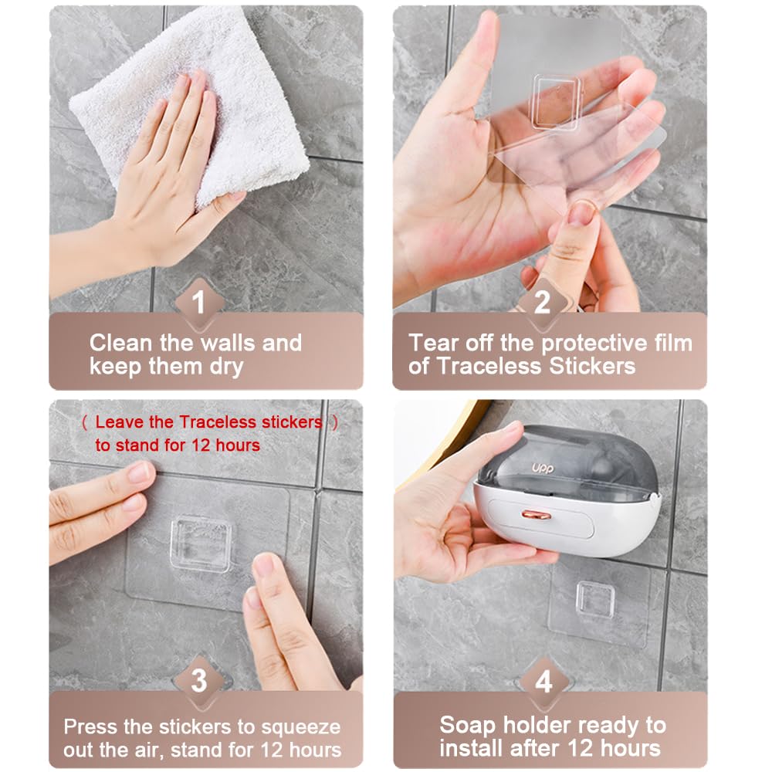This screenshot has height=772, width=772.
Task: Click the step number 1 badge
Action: point(199,301)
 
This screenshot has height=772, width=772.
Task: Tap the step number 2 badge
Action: point(542,301)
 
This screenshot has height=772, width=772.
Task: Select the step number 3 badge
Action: point(199,680)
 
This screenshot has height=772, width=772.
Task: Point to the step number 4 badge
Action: point(543,682)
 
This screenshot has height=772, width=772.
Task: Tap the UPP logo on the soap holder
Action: point(543,469)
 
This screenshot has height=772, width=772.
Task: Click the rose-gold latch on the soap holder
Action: point(537,516)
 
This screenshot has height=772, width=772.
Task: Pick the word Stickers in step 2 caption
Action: point(592,366)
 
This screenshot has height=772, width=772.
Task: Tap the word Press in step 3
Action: point(91,726)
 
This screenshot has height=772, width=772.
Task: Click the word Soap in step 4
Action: point(468,725)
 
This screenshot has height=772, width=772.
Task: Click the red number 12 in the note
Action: point(201,445)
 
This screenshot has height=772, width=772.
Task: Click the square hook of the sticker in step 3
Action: point(201,544)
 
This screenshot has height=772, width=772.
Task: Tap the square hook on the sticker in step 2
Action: point(555,102)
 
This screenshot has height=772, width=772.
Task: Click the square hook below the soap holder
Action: point(596,599)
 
